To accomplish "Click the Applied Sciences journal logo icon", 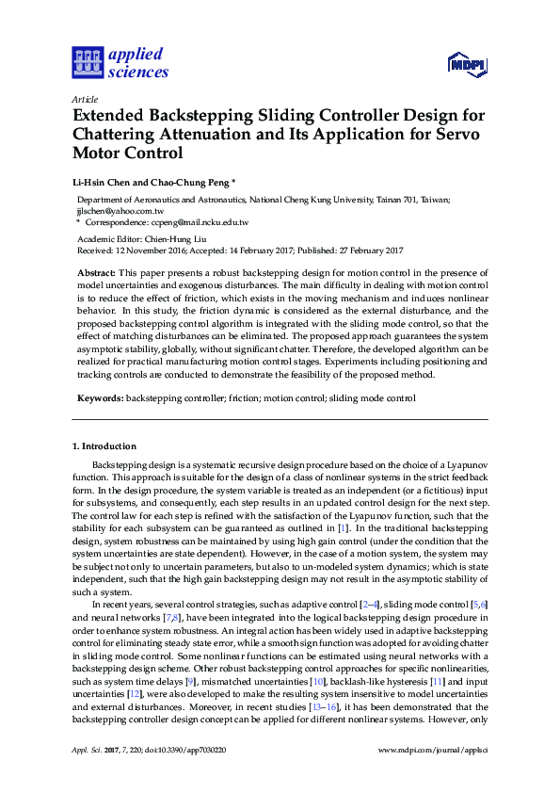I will [86, 63].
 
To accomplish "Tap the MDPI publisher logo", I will [467, 64].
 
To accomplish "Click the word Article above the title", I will [83, 99].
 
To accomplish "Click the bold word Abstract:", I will [96, 271].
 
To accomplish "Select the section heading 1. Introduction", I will [104, 445].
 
